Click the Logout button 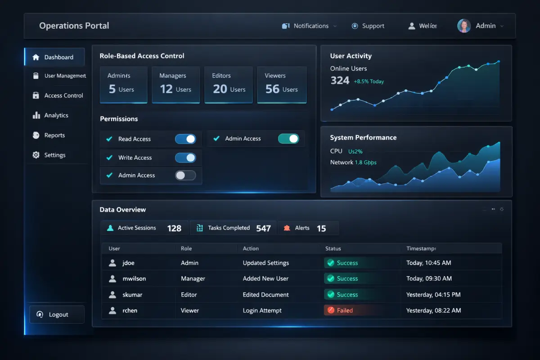pyautogui.click(x=57, y=315)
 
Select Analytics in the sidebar pyautogui.click(x=56, y=115)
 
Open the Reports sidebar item pyautogui.click(x=54, y=135)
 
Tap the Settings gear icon pyautogui.click(x=36, y=155)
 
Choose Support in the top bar pyautogui.click(x=368, y=26)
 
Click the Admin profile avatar pyautogui.click(x=464, y=26)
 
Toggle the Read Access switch pyautogui.click(x=185, y=139)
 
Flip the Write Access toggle pyautogui.click(x=185, y=157)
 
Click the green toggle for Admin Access pyautogui.click(x=288, y=139)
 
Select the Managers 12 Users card pyautogui.click(x=175, y=85)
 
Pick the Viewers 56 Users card pyautogui.click(x=282, y=85)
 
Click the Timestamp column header pyautogui.click(x=421, y=248)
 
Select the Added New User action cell pyautogui.click(x=265, y=279)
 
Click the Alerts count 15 pyautogui.click(x=321, y=228)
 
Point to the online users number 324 pyautogui.click(x=340, y=81)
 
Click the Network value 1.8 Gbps pyautogui.click(x=365, y=162)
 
